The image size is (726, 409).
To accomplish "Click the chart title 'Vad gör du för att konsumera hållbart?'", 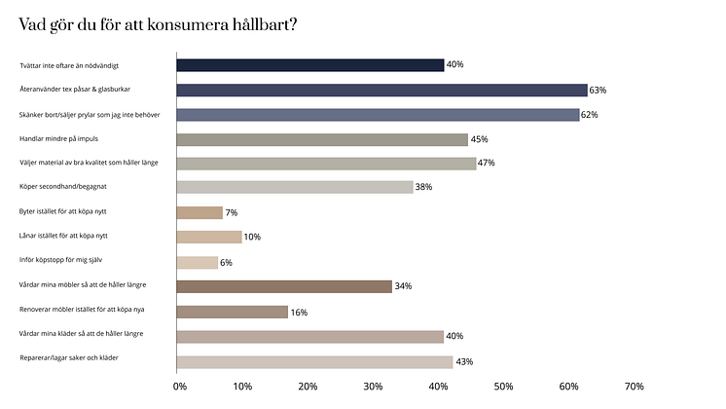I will (158, 23).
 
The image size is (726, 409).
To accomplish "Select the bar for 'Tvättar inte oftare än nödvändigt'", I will (309, 65).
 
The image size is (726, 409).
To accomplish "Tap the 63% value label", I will (598, 90).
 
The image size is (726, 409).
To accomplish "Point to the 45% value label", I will (479, 139).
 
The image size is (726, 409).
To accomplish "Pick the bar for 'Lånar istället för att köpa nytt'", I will (208, 237).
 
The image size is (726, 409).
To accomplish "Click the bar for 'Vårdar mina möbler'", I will (283, 286).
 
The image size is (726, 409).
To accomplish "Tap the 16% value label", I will (300, 312).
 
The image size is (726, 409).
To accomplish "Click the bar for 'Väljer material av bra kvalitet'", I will (326, 164).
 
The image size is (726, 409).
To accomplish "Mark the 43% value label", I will (464, 362).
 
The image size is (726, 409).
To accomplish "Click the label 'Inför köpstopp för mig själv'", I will (60, 262).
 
